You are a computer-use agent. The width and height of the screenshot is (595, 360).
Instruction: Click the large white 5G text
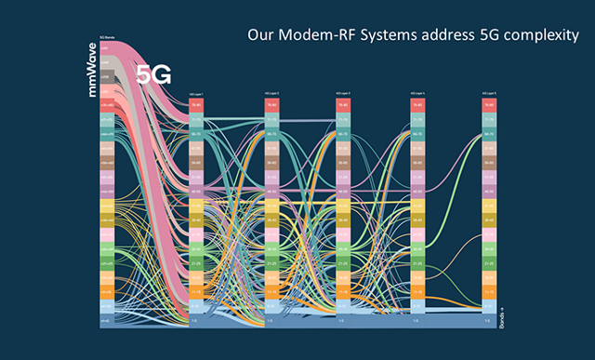click(153, 75)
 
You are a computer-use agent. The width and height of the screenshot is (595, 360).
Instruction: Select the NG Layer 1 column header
click(195, 95)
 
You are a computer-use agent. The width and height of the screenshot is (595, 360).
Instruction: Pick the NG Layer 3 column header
click(343, 95)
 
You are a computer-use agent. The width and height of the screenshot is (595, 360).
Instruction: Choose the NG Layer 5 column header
click(489, 95)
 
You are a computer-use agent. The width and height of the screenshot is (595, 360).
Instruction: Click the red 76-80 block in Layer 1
click(195, 106)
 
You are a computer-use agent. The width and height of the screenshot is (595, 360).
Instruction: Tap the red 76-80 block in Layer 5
click(489, 106)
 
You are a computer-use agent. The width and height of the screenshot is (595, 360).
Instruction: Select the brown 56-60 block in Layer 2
click(270, 163)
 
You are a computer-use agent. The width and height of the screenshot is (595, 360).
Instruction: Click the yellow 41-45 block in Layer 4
click(416, 206)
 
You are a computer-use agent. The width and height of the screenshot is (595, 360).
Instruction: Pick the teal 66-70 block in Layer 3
click(343, 134)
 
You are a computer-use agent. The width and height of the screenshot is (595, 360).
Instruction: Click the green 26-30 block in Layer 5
click(489, 248)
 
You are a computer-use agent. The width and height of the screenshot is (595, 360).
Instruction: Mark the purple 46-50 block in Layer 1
click(195, 192)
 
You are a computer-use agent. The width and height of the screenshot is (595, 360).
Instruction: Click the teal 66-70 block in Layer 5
click(489, 134)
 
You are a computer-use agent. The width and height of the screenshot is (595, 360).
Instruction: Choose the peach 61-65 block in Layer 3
click(343, 149)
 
